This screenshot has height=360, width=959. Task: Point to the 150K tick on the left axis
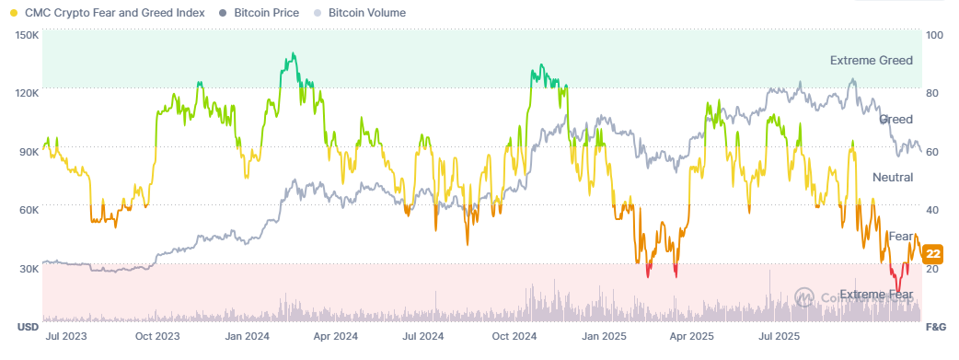click(x=27, y=35)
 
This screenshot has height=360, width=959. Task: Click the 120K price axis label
click(x=27, y=93)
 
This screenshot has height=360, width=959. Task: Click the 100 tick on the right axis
click(x=935, y=35)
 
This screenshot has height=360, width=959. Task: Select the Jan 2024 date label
click(x=247, y=338)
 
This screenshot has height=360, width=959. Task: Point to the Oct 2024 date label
click(x=515, y=338)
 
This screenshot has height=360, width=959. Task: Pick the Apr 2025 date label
click(x=691, y=338)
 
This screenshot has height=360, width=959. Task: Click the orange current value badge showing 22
click(x=932, y=254)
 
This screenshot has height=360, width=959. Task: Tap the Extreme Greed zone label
click(x=871, y=61)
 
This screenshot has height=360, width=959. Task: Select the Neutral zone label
click(x=892, y=177)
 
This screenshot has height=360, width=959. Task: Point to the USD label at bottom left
click(x=27, y=327)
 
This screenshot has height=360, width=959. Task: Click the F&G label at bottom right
click(x=935, y=327)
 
